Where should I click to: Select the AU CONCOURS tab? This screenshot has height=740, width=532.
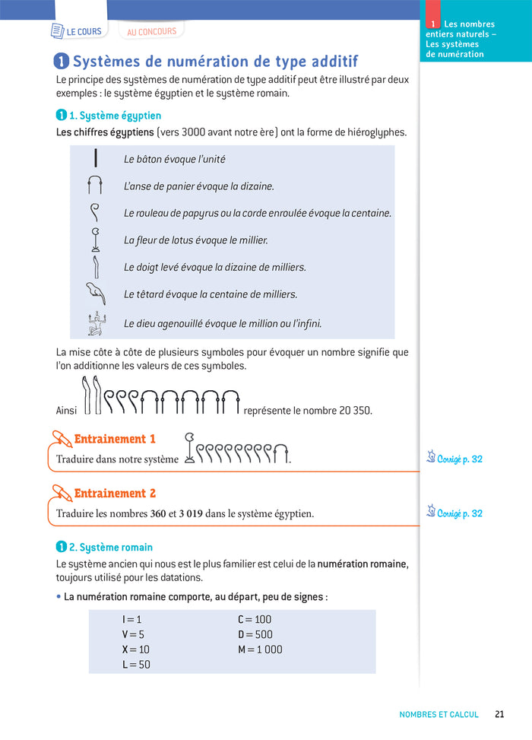pos(151,32)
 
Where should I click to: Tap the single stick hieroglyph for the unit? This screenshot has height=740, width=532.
pos(96,159)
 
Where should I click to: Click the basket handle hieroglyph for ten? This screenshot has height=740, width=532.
pos(95,186)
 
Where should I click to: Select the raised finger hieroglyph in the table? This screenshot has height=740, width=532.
pos(95,267)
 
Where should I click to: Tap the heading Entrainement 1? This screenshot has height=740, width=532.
pos(115,439)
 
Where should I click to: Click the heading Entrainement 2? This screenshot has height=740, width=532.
pos(115,494)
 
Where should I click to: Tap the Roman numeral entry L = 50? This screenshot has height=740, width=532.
pos(137,664)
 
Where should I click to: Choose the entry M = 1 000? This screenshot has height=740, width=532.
pos(260,649)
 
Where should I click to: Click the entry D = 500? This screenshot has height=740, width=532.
pos(255,634)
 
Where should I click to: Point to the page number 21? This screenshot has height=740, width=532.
pos(499,714)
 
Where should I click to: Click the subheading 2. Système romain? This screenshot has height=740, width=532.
pos(110,547)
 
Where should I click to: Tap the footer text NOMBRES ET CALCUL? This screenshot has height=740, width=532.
pos(439,714)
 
